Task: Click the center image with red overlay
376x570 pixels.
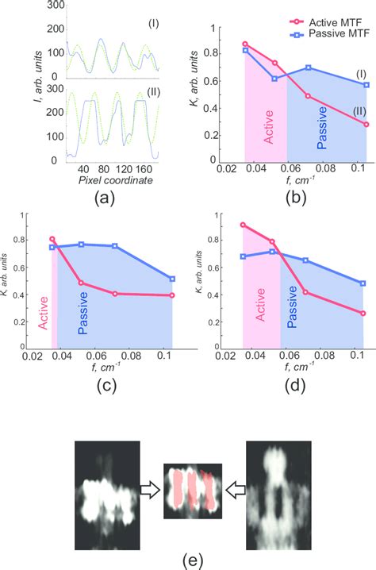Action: pos(192,491)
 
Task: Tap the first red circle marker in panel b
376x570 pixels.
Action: pos(244,44)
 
